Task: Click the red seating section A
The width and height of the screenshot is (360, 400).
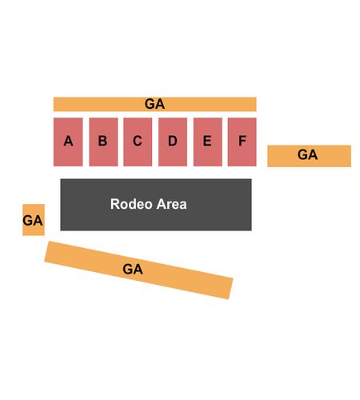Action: point(68,142)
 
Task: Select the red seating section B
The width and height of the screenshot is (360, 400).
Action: point(103,142)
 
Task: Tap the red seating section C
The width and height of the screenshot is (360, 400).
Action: point(138,142)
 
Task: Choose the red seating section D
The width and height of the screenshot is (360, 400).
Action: point(173,142)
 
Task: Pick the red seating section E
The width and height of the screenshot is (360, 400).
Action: point(207,142)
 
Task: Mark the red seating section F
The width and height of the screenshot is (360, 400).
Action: point(242,142)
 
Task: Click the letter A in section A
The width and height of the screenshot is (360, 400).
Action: point(68,141)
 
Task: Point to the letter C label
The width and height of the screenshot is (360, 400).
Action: point(138,141)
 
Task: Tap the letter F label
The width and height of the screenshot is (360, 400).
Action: point(242,141)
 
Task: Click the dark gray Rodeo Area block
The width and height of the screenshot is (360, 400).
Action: point(156,205)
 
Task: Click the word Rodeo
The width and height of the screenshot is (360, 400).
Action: point(131,204)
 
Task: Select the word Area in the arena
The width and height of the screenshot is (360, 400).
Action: point(171,204)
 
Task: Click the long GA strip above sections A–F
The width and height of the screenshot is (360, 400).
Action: point(155,104)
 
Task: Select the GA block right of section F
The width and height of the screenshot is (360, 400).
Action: point(309,156)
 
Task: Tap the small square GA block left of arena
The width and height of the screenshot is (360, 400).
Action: point(34,220)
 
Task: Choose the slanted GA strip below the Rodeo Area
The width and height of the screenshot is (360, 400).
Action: point(138,270)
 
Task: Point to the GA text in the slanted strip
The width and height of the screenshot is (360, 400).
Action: point(133,269)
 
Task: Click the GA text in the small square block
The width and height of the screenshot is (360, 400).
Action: point(33,221)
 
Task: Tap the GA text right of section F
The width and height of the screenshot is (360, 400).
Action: point(307,154)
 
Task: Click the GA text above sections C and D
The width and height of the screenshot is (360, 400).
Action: point(154,104)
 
